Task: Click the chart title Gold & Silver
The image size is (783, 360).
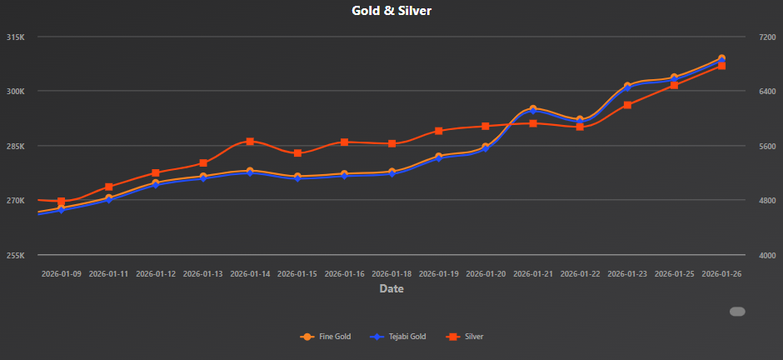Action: (391, 11)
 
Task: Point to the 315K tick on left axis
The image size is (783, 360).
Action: (16, 37)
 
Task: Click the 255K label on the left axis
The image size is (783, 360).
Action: (16, 255)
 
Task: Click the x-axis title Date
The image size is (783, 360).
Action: (391, 289)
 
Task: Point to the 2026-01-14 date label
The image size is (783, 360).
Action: (250, 273)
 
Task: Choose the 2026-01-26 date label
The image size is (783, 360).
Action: (721, 273)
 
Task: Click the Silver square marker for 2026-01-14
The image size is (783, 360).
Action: (250, 142)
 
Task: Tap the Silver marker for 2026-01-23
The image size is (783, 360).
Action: (627, 105)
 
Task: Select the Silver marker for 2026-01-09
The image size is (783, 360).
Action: (62, 202)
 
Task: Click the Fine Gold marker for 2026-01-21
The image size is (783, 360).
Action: (533, 109)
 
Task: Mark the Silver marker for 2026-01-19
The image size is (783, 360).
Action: (438, 131)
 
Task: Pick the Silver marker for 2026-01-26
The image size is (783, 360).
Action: (721, 65)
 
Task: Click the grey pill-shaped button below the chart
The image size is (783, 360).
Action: (737, 312)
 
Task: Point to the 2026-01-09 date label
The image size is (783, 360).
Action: (62, 273)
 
